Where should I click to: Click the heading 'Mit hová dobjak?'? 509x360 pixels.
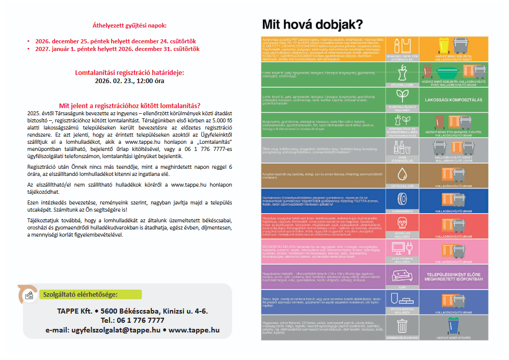312,24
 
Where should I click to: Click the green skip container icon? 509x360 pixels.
454,71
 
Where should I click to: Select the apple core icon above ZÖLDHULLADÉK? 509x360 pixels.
401,71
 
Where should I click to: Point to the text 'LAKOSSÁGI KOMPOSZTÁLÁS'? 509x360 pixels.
453,100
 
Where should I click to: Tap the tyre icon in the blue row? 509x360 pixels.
401,198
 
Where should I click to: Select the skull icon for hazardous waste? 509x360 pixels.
401,223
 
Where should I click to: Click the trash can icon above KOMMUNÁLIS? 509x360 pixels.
401,325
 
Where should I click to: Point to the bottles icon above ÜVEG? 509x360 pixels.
401,148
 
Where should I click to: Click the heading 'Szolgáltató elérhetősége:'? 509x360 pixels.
81,294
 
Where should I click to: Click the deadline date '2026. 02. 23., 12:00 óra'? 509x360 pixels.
129,81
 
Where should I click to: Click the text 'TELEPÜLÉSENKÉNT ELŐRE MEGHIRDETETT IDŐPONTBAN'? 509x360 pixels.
453,277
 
